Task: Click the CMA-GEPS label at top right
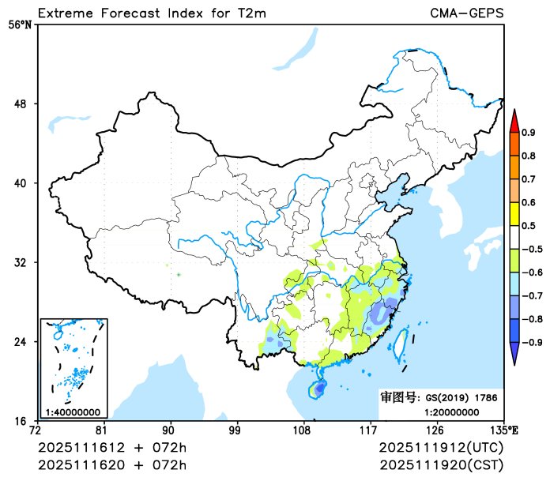[x=467, y=13]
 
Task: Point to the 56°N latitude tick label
[x=20, y=25]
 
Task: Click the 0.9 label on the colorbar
[x=529, y=132]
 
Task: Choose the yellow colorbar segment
[x=514, y=213]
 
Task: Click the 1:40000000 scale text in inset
[x=73, y=411]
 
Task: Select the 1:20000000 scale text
[x=451, y=411]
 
